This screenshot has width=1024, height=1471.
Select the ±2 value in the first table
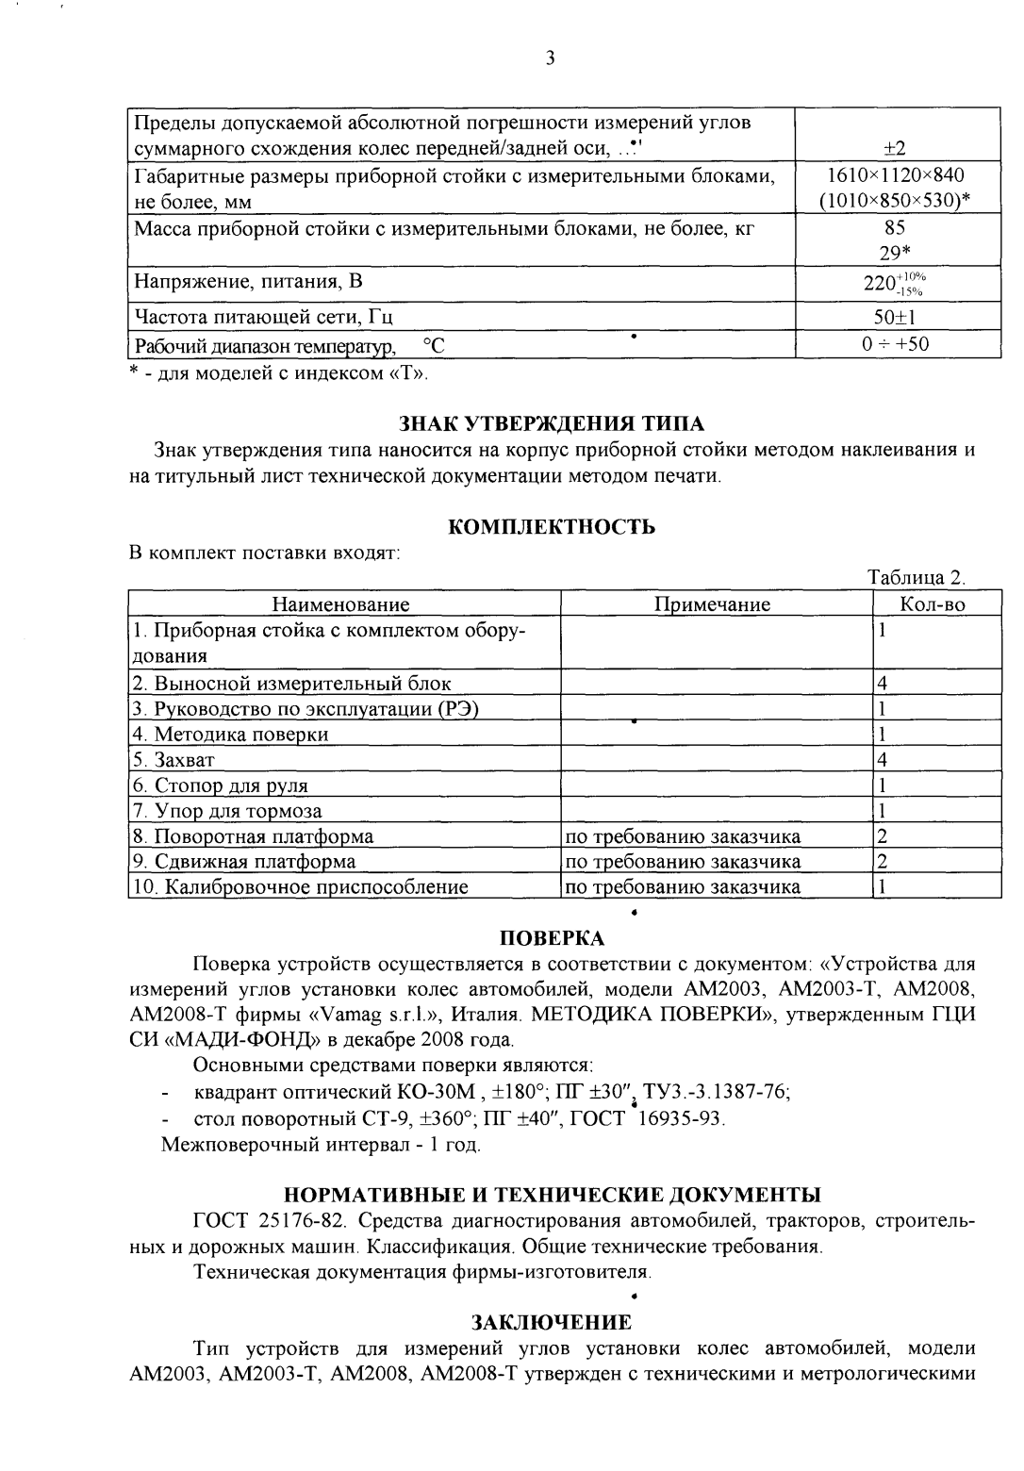point(894,149)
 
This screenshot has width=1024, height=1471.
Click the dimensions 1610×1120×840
point(896,175)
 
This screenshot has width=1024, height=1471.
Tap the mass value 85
point(895,227)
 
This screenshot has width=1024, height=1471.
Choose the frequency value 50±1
point(895,318)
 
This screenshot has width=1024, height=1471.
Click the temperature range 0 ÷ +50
point(895,344)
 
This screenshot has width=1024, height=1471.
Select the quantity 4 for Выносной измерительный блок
point(883,684)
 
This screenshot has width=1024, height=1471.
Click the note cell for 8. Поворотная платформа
point(683,836)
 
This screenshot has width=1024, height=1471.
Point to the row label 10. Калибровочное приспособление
point(300,886)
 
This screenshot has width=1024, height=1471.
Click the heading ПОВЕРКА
point(551,938)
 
